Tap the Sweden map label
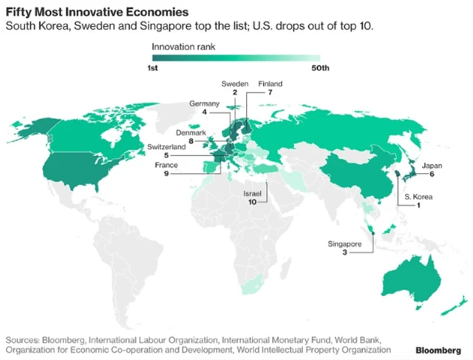point(235,84)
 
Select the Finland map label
point(270,84)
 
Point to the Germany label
point(205,102)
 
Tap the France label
point(167,166)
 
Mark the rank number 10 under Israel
point(253,201)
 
